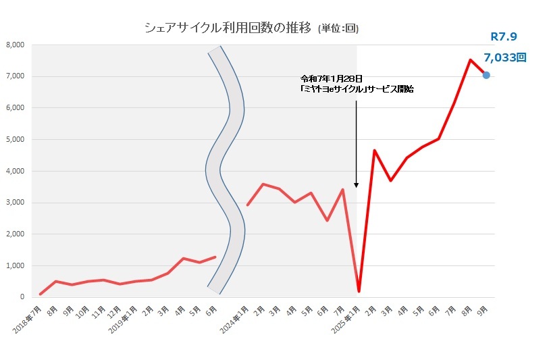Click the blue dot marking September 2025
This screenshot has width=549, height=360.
click(486, 75)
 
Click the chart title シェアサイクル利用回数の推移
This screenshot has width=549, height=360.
click(228, 28)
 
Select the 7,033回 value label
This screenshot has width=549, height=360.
click(504, 58)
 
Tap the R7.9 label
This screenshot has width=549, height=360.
click(503, 36)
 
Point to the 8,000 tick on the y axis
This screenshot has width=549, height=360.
click(15, 45)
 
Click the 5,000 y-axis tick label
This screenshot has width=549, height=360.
click(15, 139)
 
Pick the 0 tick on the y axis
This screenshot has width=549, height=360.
click(22, 297)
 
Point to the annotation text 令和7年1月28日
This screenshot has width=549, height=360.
click(326, 79)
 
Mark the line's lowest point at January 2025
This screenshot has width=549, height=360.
click(359, 291)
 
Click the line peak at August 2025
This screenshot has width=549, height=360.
click(470, 59)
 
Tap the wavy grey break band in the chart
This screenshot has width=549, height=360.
click(225, 169)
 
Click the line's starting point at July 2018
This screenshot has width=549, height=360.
click(41, 294)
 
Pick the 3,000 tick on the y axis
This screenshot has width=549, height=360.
click(15, 203)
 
